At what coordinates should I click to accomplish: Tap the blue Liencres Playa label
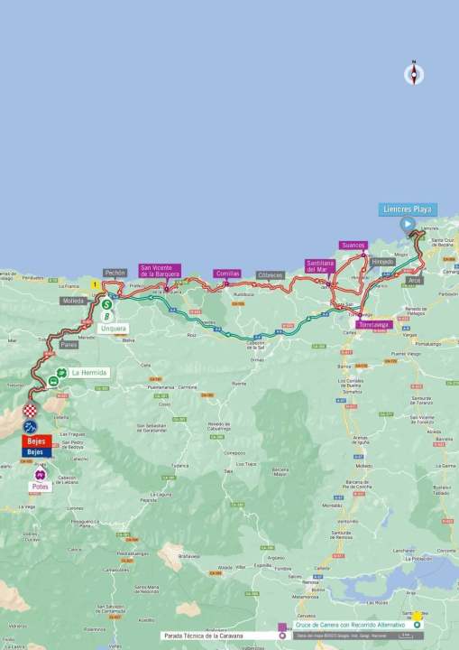(x=407, y=209)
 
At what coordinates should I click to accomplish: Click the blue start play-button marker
(x=408, y=224)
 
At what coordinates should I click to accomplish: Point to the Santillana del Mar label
(x=321, y=265)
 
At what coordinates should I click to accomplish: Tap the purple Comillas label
(x=226, y=273)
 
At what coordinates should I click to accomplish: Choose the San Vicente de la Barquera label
(x=161, y=271)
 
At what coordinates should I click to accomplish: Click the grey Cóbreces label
(x=270, y=274)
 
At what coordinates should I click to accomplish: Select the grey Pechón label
(x=115, y=272)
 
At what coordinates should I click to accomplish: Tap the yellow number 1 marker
(x=95, y=284)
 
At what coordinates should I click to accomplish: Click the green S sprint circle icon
(x=106, y=304)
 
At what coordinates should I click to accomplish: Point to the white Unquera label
(x=115, y=328)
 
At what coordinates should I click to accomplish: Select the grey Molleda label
(x=73, y=300)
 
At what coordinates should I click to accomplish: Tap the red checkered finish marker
(x=31, y=413)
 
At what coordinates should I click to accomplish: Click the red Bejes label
(x=35, y=441)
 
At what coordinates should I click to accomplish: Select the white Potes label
(x=39, y=486)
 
